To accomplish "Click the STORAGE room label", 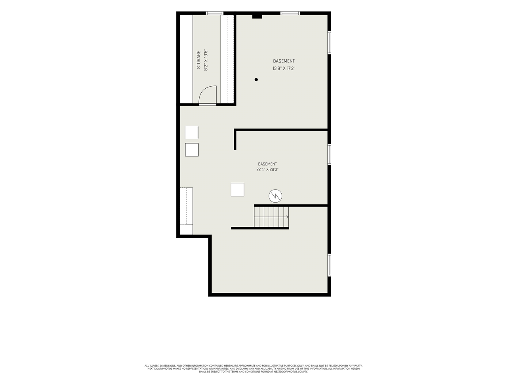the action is (x=199, y=60).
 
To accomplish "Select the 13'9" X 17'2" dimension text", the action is (x=284, y=68).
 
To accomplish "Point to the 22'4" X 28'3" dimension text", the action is (x=267, y=169).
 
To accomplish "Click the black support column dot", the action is (x=256, y=80).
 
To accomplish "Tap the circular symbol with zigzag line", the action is (x=275, y=196).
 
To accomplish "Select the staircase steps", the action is (x=271, y=217).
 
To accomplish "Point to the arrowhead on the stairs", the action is (x=288, y=217).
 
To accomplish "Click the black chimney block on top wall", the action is (x=257, y=16).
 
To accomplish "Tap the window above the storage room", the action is (x=215, y=13).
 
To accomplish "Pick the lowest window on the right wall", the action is (x=329, y=265).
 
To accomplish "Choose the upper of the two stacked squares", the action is (x=191, y=133).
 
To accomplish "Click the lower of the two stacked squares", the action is (x=192, y=150).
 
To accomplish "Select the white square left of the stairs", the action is (x=237, y=190).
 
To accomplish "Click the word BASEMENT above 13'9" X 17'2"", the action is (x=284, y=61).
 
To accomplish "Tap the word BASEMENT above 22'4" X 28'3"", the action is (x=267, y=164).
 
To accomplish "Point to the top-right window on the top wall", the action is (x=290, y=13).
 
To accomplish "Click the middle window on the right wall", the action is (x=329, y=154).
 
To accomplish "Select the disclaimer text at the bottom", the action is (x=253, y=369).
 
